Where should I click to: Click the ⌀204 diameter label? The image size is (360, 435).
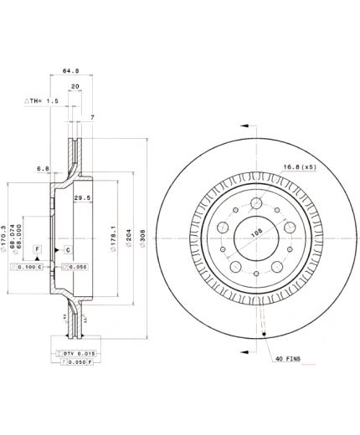tap(128, 235)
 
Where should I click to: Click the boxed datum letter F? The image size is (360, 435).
tap(37, 250)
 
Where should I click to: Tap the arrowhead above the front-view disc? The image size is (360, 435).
tap(252, 124)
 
